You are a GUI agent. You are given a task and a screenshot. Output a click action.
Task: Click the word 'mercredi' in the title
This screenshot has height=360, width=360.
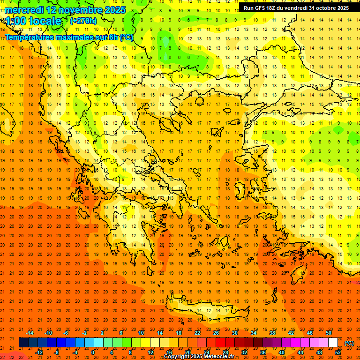click(24, 10)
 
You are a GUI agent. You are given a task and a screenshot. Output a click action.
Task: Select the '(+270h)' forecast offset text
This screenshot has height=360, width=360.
click(83, 21)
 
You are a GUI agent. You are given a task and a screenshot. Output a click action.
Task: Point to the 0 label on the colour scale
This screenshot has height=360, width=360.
click(92, 352)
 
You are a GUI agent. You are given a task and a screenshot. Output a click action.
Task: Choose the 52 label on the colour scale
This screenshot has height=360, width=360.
click(338, 352)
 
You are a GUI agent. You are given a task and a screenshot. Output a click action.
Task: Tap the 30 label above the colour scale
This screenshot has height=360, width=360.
click(235, 333)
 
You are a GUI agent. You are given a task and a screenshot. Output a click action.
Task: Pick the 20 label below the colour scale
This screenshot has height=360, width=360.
click(187, 352)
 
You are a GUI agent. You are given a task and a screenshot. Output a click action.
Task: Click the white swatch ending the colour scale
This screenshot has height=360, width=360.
click(333, 343)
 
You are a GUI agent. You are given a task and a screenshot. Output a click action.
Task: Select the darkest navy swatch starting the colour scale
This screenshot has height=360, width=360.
click(23, 343)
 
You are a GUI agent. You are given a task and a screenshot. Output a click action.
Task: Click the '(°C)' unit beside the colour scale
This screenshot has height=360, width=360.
click(349, 343)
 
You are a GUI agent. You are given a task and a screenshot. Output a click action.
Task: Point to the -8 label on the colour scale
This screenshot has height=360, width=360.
click(56, 352)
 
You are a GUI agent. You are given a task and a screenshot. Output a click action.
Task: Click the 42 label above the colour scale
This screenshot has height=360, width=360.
click(291, 333)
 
